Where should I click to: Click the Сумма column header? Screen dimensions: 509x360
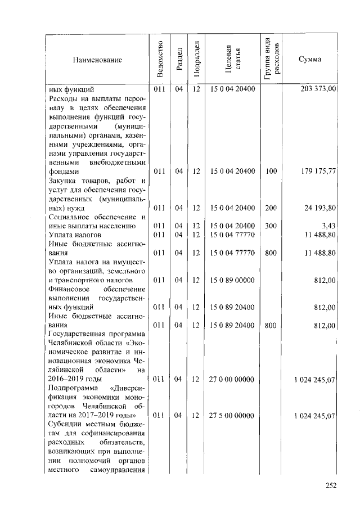point(310,59)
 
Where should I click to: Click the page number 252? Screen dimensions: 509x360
point(330,487)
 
